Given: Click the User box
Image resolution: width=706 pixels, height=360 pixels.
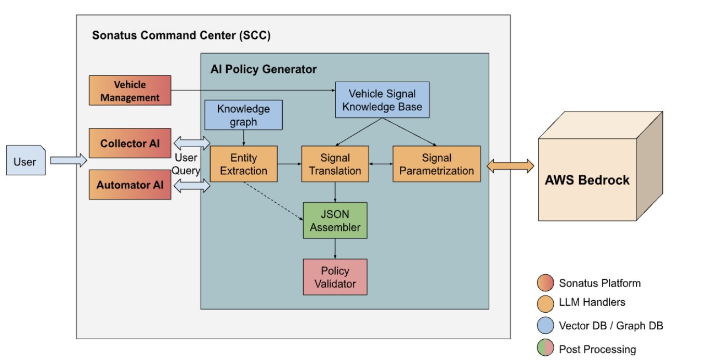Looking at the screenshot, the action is tap(26, 160).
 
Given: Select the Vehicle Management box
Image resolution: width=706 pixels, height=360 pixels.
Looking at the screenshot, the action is tap(130, 90).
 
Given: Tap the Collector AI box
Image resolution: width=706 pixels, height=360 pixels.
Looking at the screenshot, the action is tap(130, 143).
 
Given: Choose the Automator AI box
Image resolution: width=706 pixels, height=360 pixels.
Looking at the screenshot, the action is tap(130, 185).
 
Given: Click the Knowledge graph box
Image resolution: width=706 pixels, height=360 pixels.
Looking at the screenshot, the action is tap(244, 115).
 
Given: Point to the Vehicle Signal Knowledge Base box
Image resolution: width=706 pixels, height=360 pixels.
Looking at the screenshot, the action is tap(382, 100).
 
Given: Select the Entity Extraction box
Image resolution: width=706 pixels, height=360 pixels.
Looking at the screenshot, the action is tap(244, 164).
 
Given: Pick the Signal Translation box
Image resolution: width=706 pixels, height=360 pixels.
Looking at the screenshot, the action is tap(335, 164).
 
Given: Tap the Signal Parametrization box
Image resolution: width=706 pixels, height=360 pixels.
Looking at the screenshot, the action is tap(437, 164).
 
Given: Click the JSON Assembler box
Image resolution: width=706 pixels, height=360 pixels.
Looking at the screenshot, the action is tap(335, 220).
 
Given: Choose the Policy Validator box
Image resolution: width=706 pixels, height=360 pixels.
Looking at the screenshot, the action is tap(335, 277).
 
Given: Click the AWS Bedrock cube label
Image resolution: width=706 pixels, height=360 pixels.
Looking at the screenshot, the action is tap(587, 180).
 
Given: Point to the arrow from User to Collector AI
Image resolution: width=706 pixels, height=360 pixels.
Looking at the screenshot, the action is tap(69, 160).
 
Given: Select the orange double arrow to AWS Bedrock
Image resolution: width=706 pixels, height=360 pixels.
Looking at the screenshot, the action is tap(511, 166).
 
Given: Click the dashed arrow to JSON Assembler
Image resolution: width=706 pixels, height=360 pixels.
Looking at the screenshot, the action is tap(273, 201).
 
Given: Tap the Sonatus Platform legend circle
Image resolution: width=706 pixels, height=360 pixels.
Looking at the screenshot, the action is tap(545, 282).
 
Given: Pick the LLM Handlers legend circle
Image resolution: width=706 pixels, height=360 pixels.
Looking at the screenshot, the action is tap(545, 303).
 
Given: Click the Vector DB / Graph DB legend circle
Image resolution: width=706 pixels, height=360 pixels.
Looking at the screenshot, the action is tap(545, 325).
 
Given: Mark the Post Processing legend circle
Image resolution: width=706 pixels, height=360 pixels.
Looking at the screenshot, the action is tap(545, 348).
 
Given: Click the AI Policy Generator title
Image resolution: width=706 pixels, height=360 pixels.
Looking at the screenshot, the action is tap(264, 69).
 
